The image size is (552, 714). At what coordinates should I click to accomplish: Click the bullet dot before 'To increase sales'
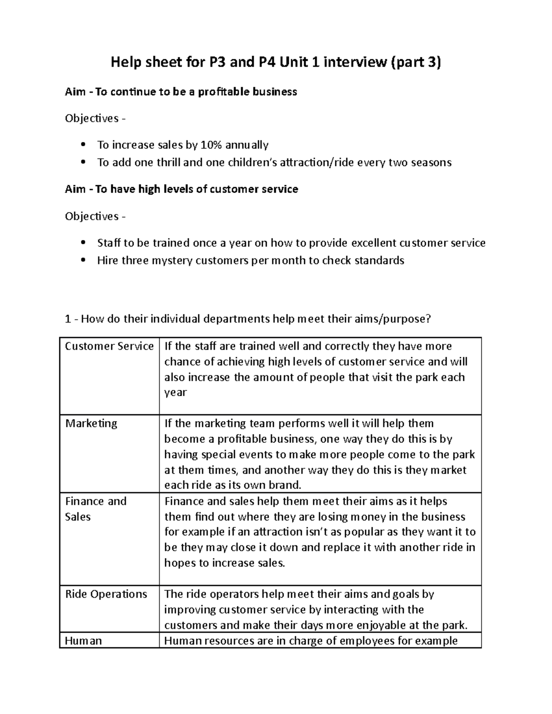coord(83,145)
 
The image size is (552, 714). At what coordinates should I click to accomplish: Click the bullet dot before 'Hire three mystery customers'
coord(83,261)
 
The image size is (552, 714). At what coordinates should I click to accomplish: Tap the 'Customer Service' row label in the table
coord(109,346)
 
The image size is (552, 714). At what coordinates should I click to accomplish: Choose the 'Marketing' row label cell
coord(91,423)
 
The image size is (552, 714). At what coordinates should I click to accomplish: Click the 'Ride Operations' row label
coord(106,594)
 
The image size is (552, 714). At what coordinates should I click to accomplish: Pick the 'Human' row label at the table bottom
coord(83,641)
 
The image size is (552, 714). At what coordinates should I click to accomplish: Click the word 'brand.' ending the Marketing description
coord(287,486)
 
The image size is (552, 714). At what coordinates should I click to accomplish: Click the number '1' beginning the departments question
coord(68,319)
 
